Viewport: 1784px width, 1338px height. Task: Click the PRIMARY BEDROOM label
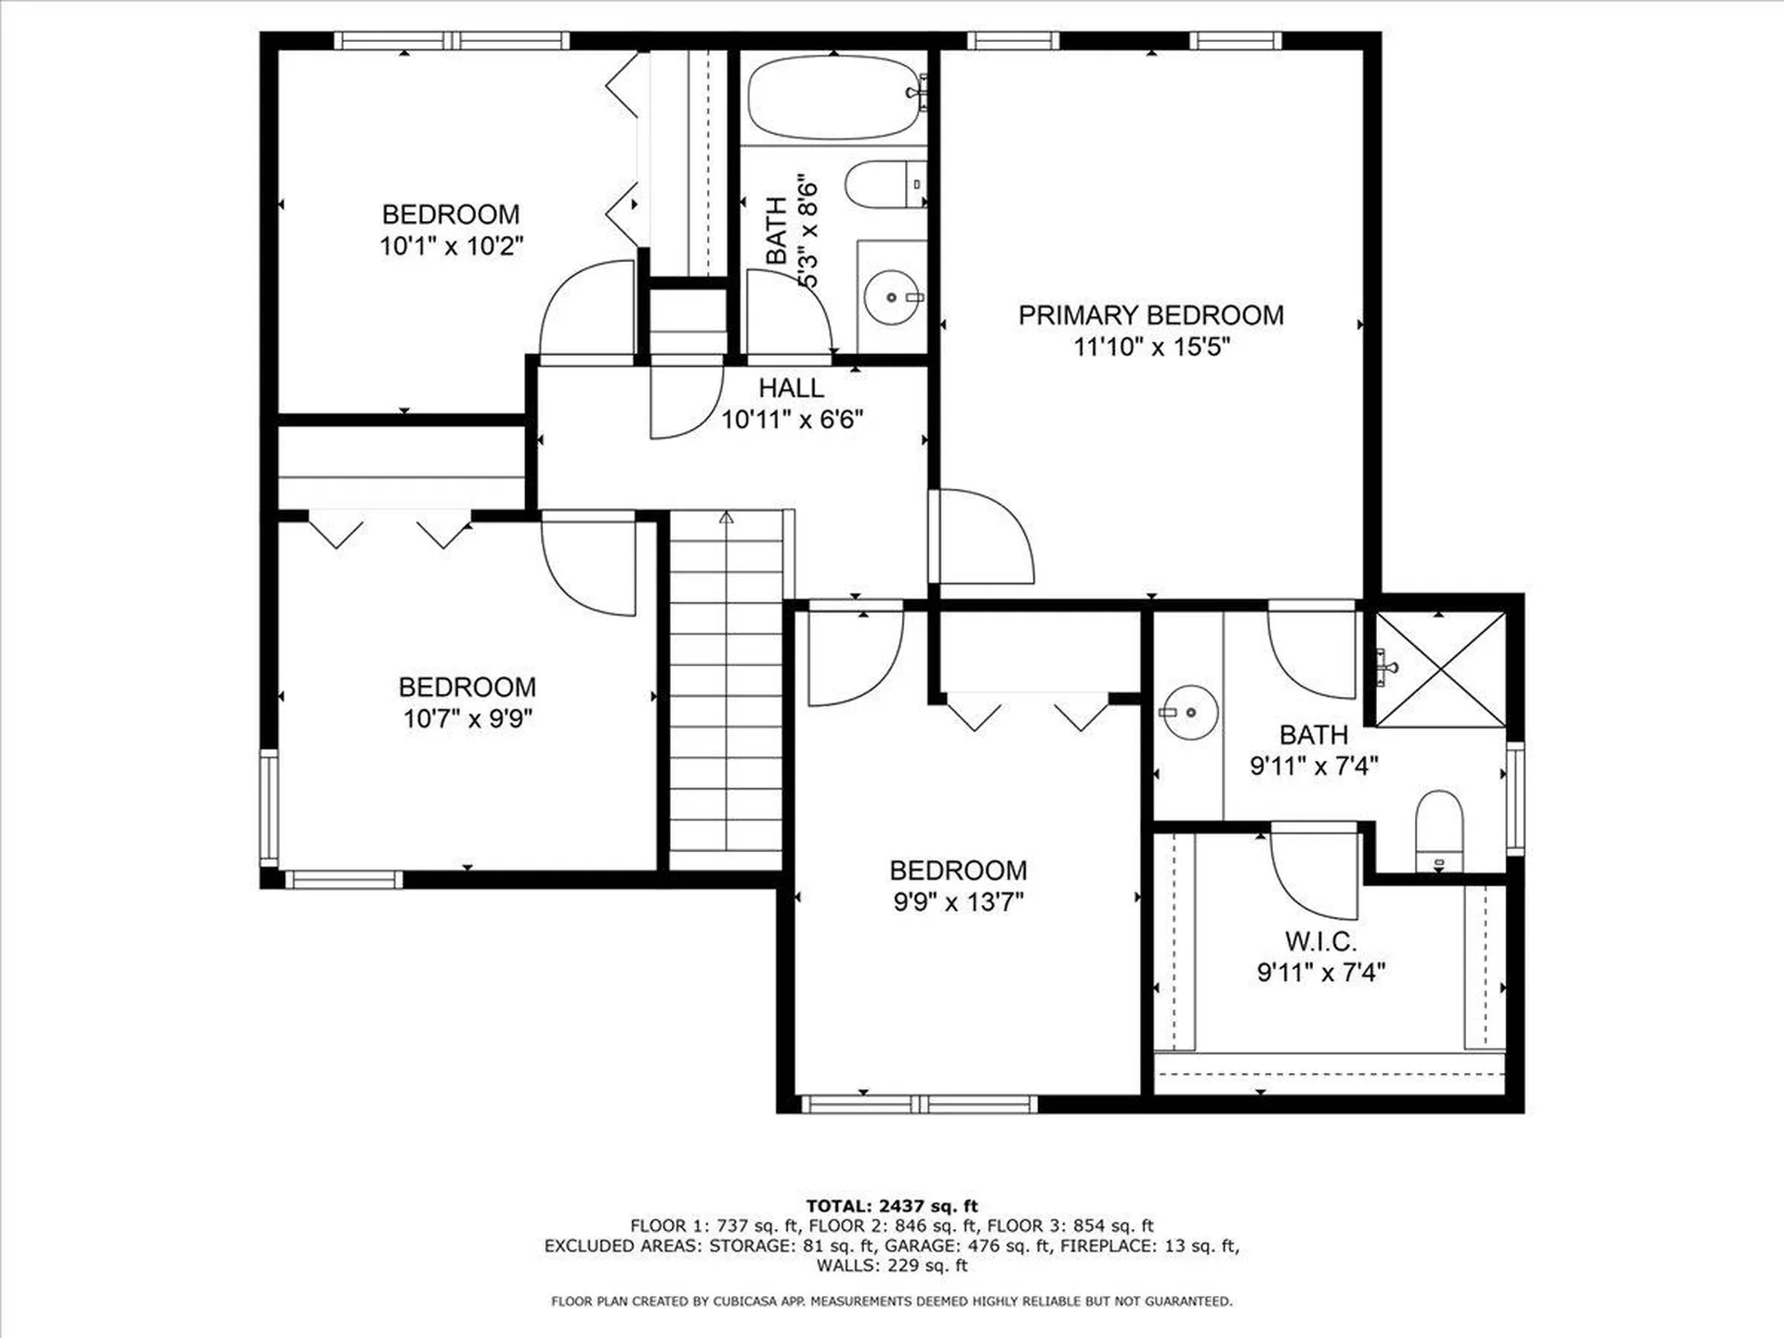pyautogui.click(x=1150, y=316)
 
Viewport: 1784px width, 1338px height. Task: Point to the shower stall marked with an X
pyautogui.click(x=1439, y=669)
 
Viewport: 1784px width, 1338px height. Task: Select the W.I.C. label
pyautogui.click(x=1320, y=941)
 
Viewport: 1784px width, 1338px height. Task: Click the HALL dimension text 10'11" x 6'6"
pyautogui.click(x=792, y=420)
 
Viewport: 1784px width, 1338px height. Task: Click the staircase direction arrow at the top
pyautogui.click(x=727, y=518)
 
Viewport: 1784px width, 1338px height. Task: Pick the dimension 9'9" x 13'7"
pyautogui.click(x=958, y=902)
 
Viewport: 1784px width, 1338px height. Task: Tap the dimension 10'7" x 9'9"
pyautogui.click(x=467, y=718)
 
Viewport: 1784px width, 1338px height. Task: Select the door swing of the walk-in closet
pyautogui.click(x=1312, y=873)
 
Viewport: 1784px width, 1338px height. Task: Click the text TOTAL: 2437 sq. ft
pyautogui.click(x=891, y=1206)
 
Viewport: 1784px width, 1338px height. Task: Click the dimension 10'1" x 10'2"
pyautogui.click(x=451, y=246)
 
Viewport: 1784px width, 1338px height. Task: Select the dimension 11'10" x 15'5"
pyautogui.click(x=1151, y=348)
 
